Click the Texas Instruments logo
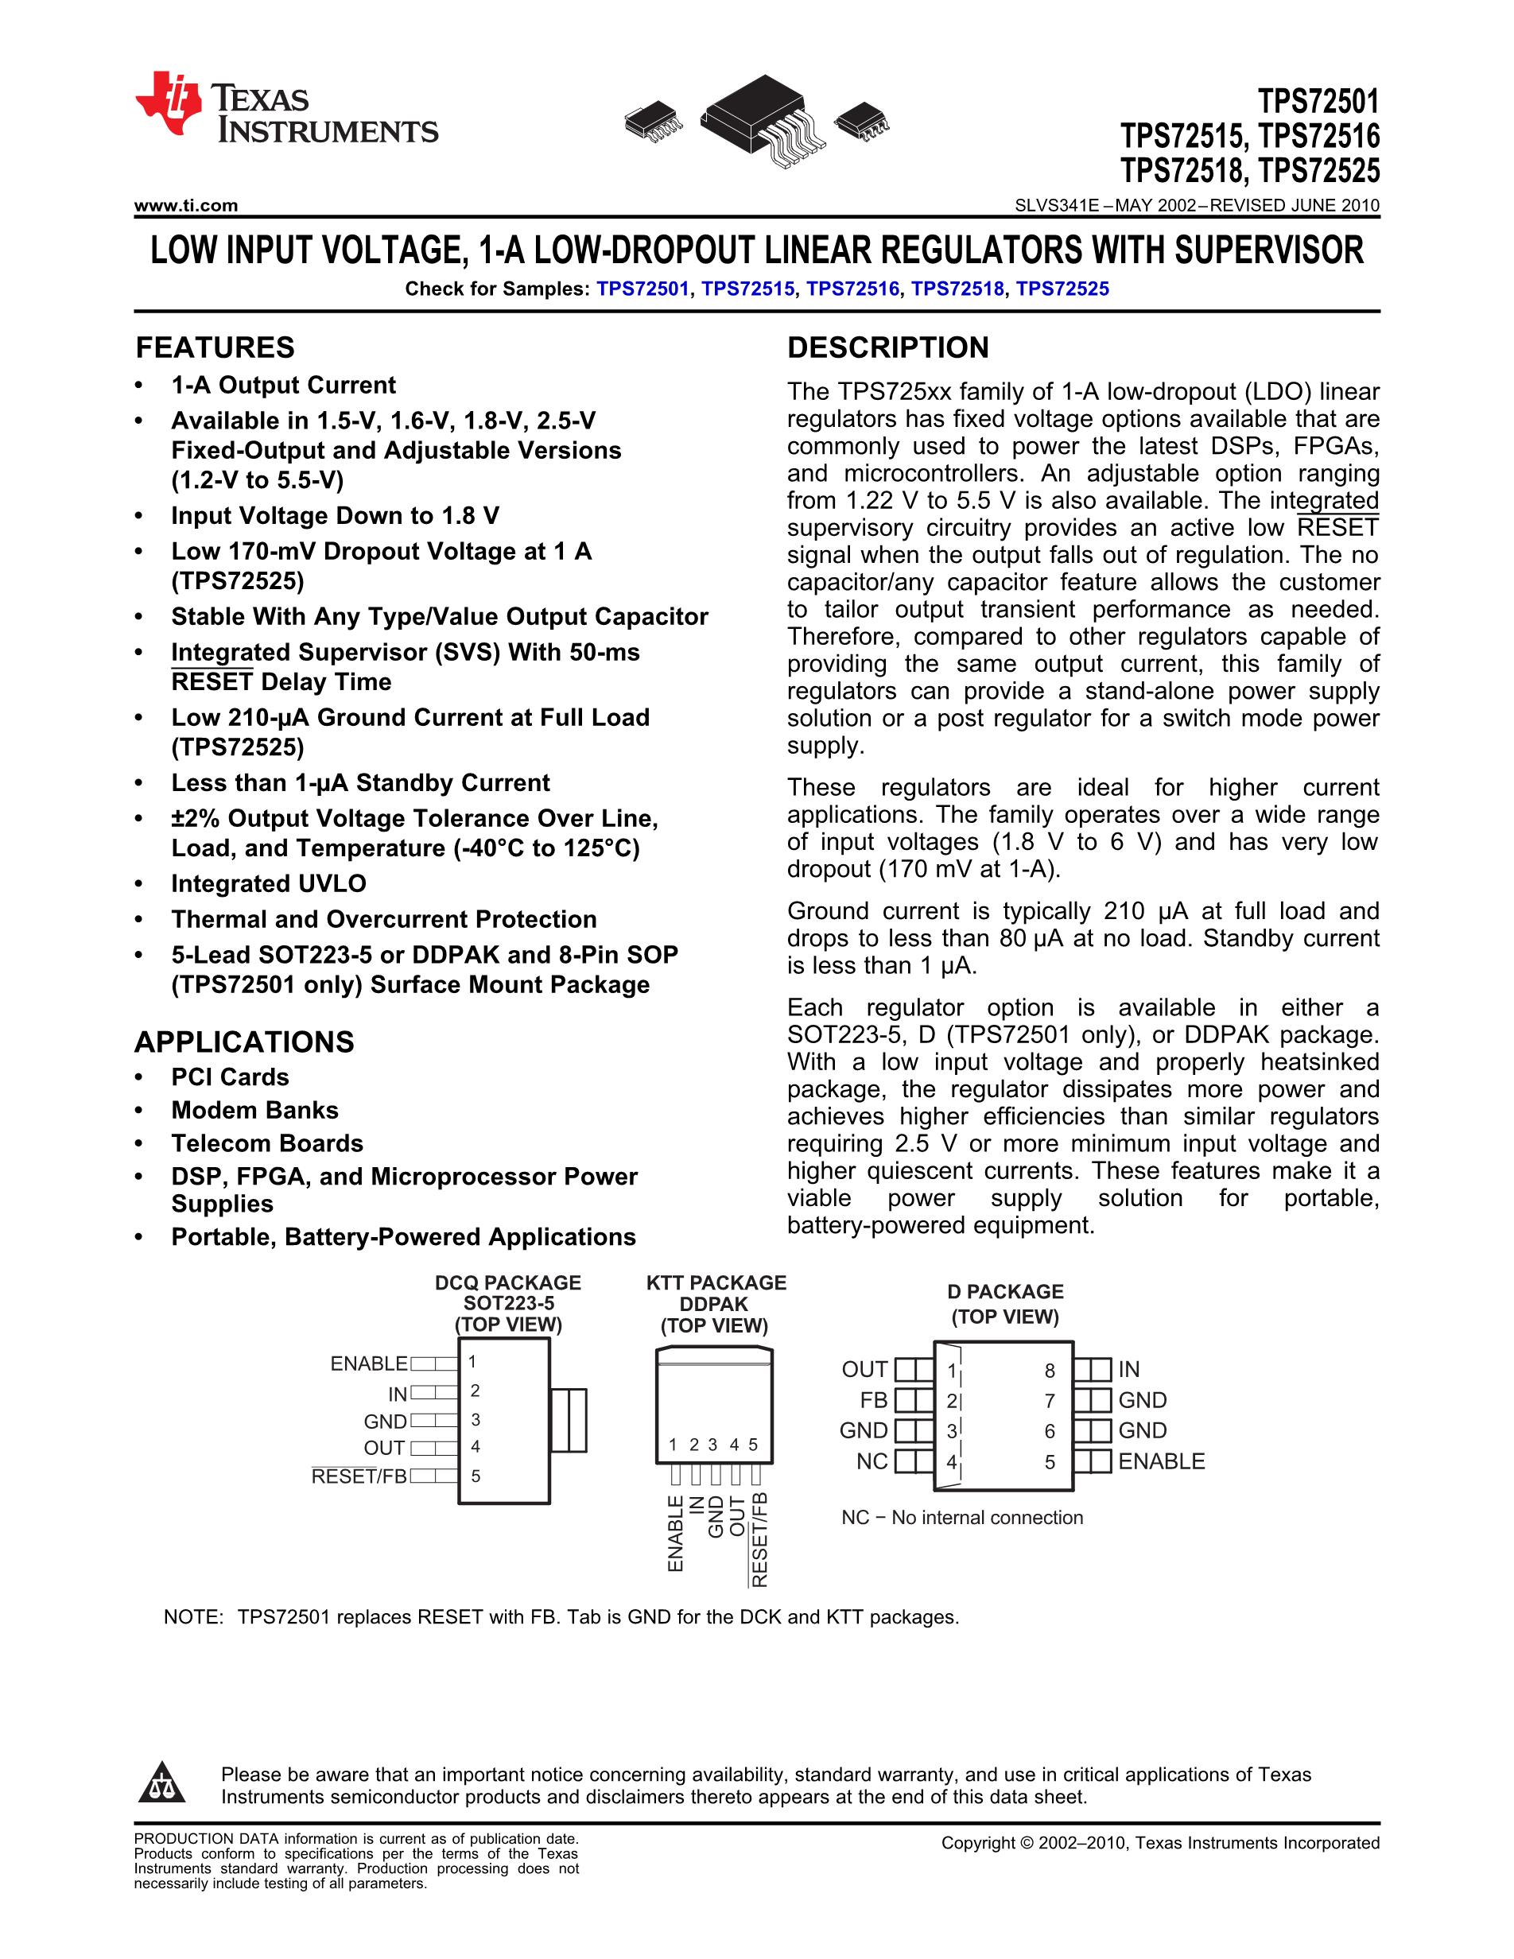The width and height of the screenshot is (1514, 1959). tap(286, 107)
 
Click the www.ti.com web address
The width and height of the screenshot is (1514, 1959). tap(185, 205)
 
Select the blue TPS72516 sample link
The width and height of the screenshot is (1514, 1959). tap(852, 289)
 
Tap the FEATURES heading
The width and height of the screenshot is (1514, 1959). tap(215, 347)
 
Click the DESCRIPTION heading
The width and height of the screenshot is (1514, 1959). tap(888, 347)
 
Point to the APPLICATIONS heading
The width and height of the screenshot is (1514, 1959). tap(244, 1042)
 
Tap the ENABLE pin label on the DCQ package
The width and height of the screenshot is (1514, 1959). tap(369, 1364)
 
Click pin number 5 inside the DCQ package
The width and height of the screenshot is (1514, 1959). tap(476, 1476)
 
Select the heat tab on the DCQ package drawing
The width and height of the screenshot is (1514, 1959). tap(568, 1420)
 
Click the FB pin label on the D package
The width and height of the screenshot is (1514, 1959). tap(874, 1400)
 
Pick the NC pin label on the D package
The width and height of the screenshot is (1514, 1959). tap(872, 1461)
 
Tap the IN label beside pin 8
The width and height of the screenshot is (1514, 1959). tap(1129, 1370)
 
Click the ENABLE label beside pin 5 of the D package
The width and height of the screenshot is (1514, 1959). tap(1162, 1461)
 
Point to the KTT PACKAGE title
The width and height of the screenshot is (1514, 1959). tap(716, 1282)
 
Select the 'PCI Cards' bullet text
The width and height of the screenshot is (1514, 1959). tap(231, 1077)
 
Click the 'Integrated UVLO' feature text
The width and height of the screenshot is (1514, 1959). tap(269, 883)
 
